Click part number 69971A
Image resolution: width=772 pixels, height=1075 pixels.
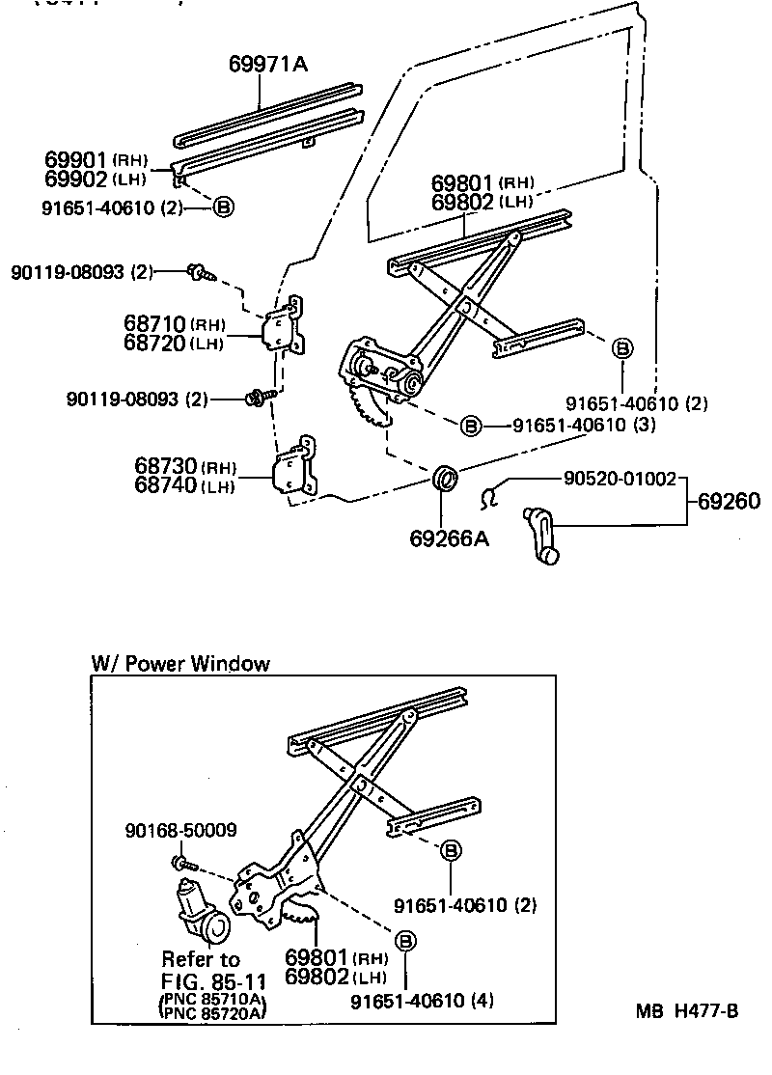click(267, 65)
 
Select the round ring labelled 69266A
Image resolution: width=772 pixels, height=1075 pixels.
click(446, 478)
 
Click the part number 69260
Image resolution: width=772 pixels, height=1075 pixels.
click(729, 501)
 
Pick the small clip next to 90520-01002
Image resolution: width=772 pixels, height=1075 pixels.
click(490, 495)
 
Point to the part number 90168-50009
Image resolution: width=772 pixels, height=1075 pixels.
click(180, 830)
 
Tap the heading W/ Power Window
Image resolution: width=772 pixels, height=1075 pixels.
click(180, 664)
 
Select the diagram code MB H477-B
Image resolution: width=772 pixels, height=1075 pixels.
click(686, 1011)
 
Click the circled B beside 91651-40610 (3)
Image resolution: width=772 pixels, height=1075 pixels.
click(470, 426)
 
